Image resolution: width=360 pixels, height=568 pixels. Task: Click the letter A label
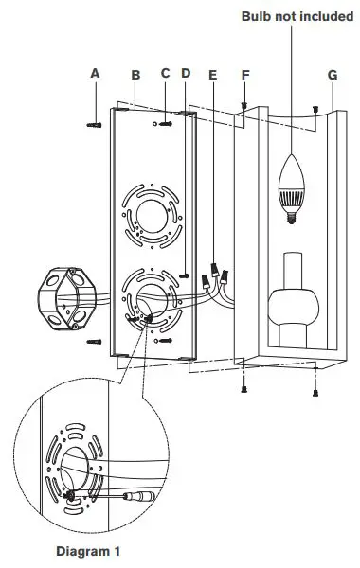click(95, 72)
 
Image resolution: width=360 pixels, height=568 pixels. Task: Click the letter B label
click(135, 73)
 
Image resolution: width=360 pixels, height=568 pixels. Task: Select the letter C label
click(165, 73)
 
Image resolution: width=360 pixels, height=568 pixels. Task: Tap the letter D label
click(186, 73)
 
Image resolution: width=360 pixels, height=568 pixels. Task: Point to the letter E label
click(211, 73)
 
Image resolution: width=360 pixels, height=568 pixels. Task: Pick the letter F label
click(246, 73)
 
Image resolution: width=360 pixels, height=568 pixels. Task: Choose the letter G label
click(332, 73)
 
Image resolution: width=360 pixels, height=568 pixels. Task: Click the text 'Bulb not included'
click(297, 16)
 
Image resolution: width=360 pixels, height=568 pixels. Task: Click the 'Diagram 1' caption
click(88, 550)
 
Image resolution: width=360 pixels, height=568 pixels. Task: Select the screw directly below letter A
click(95, 122)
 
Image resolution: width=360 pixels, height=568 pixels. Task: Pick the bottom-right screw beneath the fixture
click(315, 388)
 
